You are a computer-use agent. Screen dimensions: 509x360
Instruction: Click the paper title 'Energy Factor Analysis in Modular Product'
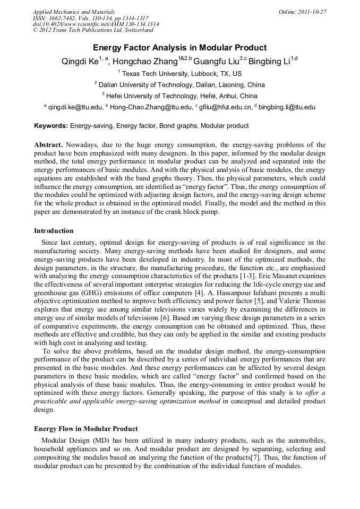(x=179, y=48)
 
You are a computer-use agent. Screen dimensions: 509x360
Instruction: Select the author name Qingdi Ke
(x=80, y=61)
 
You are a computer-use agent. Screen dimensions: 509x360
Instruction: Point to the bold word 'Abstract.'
(x=49, y=145)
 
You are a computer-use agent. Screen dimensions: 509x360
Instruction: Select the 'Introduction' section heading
(x=54, y=231)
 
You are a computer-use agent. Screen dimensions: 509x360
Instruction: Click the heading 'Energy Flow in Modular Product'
(x=85, y=429)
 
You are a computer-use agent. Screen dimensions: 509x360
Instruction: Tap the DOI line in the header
(x=96, y=24)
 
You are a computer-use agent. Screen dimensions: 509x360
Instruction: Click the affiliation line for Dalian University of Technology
(x=179, y=85)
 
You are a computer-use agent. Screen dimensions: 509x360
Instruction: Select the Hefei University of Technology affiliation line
(x=179, y=96)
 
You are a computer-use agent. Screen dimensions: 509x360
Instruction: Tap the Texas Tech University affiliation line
(x=179, y=74)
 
